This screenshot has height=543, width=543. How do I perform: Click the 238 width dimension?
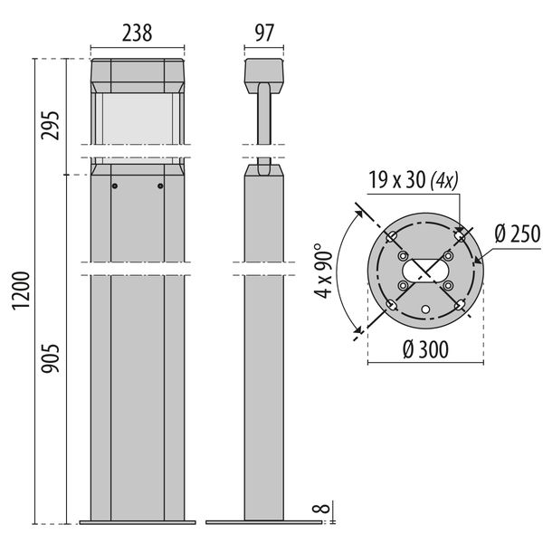[138, 33]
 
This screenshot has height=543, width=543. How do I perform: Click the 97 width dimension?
[264, 33]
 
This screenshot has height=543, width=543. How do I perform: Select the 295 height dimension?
[51, 125]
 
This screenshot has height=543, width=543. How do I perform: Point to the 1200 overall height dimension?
[22, 291]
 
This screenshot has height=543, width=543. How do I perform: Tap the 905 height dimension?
[51, 358]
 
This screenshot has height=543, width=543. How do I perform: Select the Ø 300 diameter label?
[426, 349]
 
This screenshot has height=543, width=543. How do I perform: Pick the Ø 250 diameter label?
[518, 233]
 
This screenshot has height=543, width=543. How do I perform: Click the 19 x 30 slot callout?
[414, 180]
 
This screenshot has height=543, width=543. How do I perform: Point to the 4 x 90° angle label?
[323, 271]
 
